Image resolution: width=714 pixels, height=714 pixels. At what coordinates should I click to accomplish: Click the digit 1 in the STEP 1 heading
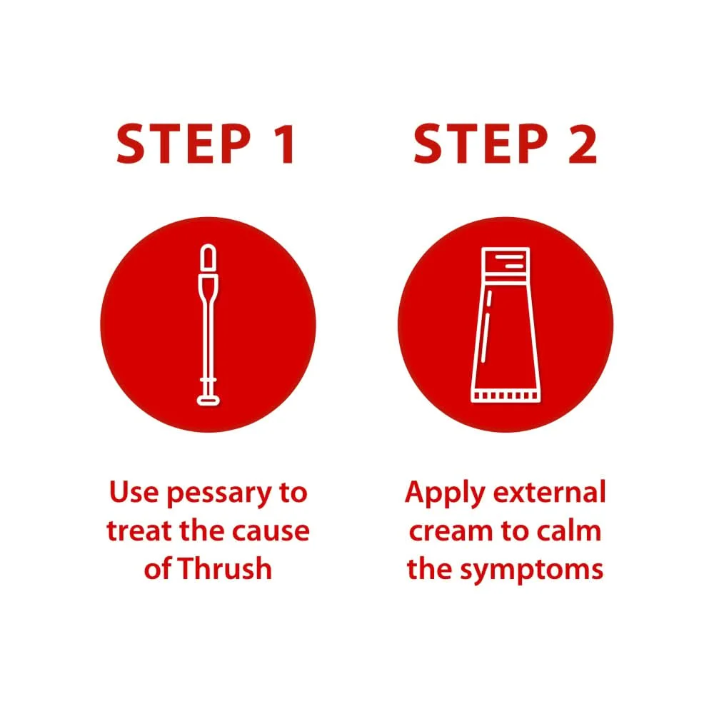tap(286, 144)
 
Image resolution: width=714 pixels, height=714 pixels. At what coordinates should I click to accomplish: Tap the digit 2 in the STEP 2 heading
tap(583, 144)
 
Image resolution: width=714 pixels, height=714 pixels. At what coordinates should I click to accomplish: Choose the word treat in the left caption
tap(140, 531)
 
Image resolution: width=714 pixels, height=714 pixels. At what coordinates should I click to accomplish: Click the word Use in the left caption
tap(134, 492)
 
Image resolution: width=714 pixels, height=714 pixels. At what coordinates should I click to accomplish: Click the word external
tap(549, 492)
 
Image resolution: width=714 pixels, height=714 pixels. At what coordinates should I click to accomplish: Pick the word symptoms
tap(531, 570)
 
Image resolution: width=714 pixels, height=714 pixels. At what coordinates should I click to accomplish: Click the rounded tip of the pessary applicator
tap(208, 257)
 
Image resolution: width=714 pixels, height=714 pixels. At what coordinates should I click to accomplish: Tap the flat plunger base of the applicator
tap(208, 401)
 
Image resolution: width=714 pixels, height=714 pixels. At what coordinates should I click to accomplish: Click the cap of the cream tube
tap(506, 264)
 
